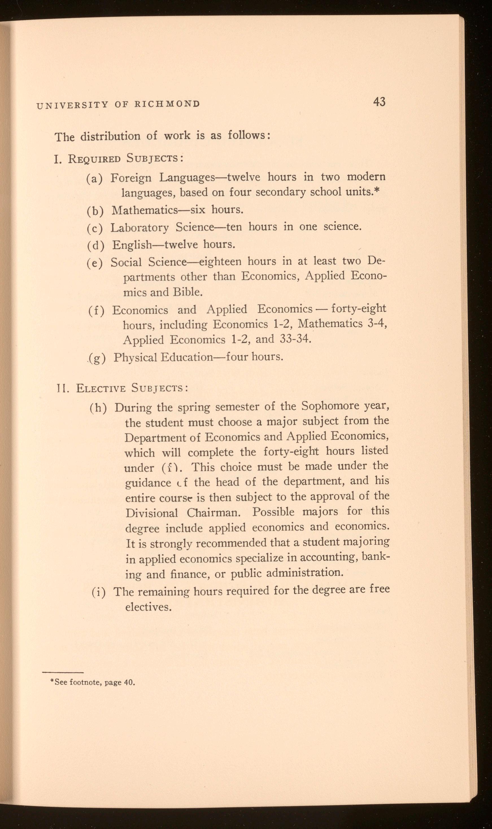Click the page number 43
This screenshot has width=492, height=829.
coord(379,101)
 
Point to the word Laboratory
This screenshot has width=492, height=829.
coord(139,228)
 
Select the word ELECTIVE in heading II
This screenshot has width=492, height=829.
coord(101,388)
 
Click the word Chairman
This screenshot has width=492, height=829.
coord(212,512)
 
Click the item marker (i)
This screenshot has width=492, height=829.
coord(99,592)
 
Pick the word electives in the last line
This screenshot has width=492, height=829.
coord(148,607)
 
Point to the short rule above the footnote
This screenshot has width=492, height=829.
coord(63,672)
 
